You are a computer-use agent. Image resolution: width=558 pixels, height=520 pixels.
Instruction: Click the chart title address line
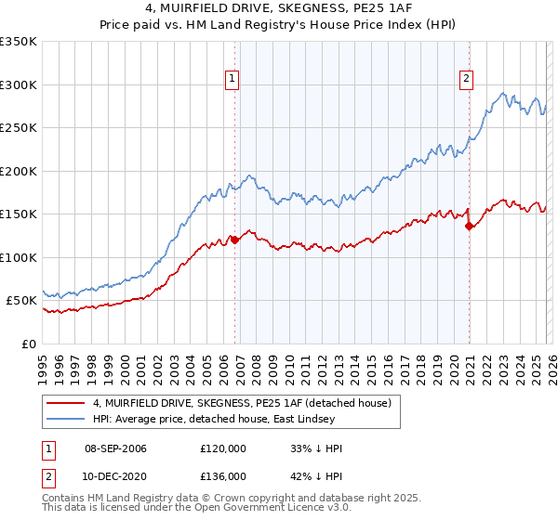pos(279,10)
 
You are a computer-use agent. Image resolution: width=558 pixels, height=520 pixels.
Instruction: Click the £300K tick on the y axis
pos(19,84)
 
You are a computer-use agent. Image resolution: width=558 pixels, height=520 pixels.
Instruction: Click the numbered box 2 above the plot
pos(465,80)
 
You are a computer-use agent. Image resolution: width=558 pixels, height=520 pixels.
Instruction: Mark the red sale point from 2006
pos(234,240)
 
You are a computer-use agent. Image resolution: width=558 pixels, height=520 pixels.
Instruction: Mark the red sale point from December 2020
pos(469,226)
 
